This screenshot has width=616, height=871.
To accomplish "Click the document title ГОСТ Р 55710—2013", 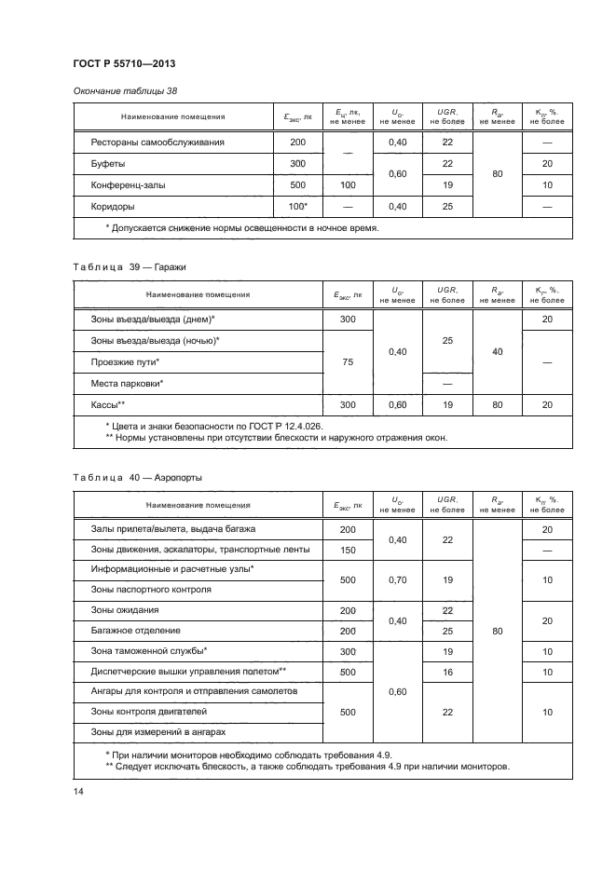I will (124, 63).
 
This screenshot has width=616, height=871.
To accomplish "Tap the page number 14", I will (78, 792).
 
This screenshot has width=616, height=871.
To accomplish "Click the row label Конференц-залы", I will (130, 184).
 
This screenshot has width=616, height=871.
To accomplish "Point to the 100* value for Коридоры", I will (297, 206).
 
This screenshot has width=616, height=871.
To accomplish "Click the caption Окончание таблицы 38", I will (124, 90).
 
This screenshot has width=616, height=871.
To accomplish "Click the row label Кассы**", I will (108, 405).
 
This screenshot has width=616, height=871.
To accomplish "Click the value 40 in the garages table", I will (497, 351).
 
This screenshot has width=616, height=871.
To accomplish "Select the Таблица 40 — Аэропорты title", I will (137, 477).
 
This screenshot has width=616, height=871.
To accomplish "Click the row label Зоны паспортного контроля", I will (151, 589).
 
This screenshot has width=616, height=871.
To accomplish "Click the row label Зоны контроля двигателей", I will (148, 712).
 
